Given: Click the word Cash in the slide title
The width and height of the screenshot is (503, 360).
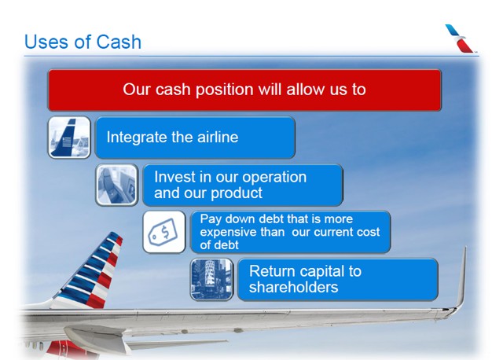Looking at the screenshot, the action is point(119,42).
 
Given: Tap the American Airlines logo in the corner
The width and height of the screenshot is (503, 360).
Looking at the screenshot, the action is point(459,38).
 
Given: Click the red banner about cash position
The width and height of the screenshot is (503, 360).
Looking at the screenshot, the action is point(244,90).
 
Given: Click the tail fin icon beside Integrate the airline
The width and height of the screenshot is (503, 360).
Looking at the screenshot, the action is point(69,138).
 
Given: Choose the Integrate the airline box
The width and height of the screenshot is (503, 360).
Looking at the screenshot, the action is point(195,138).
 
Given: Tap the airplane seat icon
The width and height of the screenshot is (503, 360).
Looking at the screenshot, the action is point(116,185).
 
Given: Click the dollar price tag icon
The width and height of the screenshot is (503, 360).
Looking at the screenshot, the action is point(164,232).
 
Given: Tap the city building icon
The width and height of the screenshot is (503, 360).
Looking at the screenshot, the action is point(211,279).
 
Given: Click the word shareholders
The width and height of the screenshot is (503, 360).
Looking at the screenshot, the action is point(293,287).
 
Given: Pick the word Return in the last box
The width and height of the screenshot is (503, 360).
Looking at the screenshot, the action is point(272,271).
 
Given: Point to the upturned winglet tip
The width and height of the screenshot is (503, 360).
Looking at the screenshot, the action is point(464,248).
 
